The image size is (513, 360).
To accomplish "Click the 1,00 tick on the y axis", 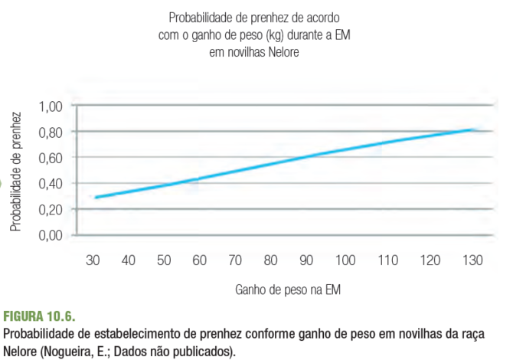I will [x=51, y=106].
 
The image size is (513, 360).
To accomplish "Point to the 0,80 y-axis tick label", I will [x=51, y=132].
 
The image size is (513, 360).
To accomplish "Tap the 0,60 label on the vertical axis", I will [x=51, y=158].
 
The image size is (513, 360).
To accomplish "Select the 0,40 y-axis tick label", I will [x=51, y=183].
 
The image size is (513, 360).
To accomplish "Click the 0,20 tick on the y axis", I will [x=51, y=209].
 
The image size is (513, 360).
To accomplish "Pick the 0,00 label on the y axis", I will [x=51, y=235].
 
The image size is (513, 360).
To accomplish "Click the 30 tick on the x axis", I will [x=93, y=260].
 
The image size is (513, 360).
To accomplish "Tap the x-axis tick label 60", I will [x=199, y=260].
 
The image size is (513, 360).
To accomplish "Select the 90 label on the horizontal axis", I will [x=306, y=260].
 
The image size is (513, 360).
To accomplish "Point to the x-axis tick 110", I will [x=387, y=260].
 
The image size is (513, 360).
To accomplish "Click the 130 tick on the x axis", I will [x=472, y=260].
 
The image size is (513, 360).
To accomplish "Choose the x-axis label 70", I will [x=234, y=260].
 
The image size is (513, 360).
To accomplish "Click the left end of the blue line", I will [x=95, y=198].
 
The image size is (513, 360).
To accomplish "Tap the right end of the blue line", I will [x=474, y=129].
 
